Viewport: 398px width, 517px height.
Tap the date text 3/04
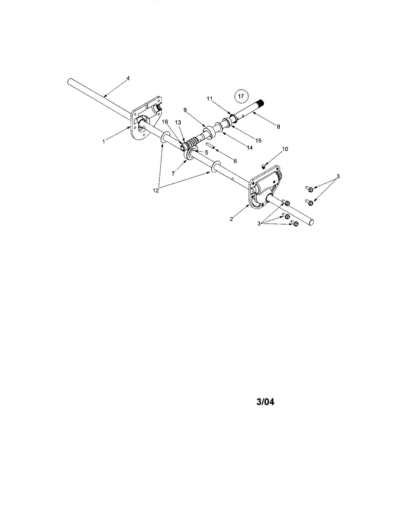point(265,402)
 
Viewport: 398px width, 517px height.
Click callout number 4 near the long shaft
point(128,78)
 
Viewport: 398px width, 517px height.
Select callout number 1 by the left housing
point(104,141)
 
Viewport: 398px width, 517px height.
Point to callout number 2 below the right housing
point(231,219)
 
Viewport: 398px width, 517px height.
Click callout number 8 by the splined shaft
point(278,127)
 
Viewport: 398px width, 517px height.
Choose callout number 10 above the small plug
point(284,149)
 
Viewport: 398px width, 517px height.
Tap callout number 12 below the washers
point(156,190)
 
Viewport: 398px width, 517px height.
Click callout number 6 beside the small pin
point(235,160)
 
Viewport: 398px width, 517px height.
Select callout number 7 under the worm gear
point(173,173)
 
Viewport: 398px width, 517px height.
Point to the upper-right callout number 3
point(338,176)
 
